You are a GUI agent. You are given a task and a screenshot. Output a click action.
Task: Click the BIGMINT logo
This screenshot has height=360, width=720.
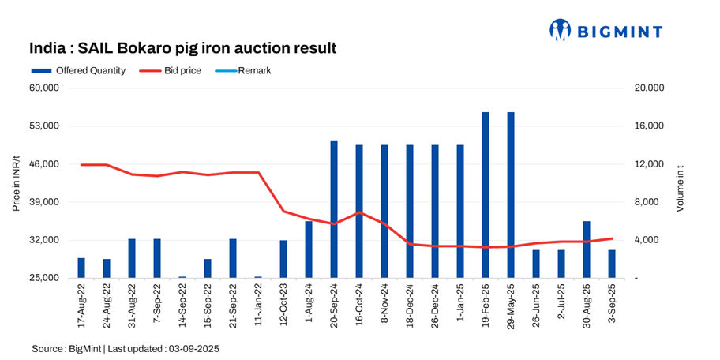click(606, 30)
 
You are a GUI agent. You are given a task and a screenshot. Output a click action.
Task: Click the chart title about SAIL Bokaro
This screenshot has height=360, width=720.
click(183, 48)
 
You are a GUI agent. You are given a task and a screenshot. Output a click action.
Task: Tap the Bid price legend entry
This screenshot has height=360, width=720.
click(175, 70)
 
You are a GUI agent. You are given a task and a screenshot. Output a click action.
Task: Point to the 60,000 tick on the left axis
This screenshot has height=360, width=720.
click(45, 88)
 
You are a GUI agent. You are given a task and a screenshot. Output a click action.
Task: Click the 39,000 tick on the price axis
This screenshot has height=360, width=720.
click(45, 202)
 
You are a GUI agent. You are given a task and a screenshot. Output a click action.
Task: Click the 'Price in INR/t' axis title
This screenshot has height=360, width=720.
click(15, 183)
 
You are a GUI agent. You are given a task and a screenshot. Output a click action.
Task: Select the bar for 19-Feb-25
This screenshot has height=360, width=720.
click(486, 195)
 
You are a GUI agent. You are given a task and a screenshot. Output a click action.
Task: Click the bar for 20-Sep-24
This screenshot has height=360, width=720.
click(334, 209)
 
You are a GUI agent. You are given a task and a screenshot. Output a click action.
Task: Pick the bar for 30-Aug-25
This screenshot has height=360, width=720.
click(587, 249)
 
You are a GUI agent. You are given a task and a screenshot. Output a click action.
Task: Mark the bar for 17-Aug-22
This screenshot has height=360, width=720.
click(81, 268)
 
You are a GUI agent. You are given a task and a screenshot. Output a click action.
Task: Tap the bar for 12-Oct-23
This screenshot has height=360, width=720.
click(283, 259)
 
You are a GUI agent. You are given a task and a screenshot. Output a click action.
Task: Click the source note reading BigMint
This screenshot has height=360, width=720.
click(126, 348)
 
